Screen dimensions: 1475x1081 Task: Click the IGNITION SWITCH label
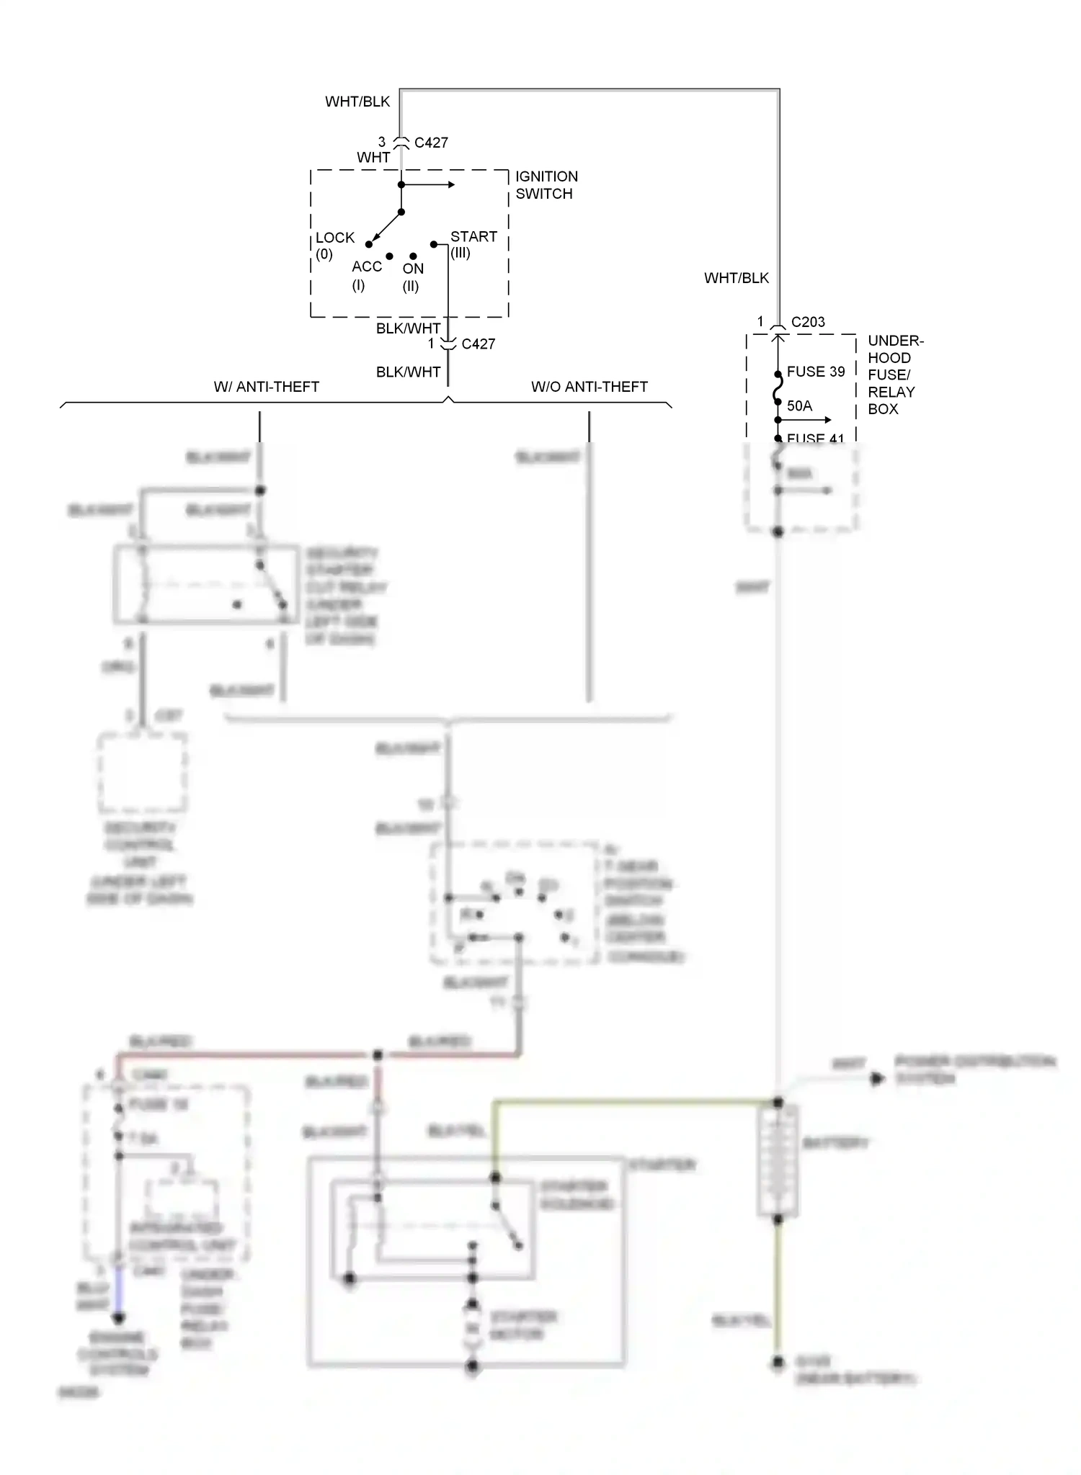click(546, 185)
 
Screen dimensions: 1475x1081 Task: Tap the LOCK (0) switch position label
click(334, 245)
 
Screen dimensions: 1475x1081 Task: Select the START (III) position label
click(473, 244)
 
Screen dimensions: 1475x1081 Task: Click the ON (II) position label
click(412, 277)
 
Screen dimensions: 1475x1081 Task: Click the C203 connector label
click(807, 322)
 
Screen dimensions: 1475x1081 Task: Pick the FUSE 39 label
click(815, 372)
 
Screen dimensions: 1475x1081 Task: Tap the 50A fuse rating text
click(799, 405)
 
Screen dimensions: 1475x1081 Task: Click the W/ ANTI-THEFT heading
click(266, 387)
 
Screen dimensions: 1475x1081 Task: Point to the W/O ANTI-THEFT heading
click(589, 387)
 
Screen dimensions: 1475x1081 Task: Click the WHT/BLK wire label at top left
click(357, 102)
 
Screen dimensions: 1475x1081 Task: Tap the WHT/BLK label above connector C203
click(736, 278)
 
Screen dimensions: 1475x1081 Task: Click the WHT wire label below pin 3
click(373, 157)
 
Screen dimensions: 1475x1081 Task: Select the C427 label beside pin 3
click(431, 143)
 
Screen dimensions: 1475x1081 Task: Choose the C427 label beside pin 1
click(478, 344)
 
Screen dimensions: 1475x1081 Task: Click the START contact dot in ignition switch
click(434, 244)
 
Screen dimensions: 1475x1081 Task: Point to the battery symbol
click(778, 1160)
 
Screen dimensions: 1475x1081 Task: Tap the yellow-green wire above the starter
click(634, 1101)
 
